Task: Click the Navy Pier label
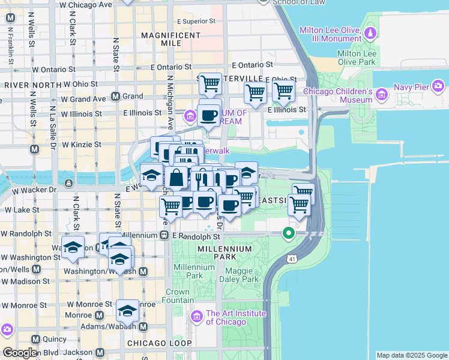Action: point(411,87)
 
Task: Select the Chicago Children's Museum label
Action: point(338,95)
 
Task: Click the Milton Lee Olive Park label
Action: point(357,58)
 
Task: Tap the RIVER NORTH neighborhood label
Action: point(29,85)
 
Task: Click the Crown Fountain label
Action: point(180,296)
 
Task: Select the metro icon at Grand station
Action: point(116,97)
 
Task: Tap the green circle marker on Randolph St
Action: point(289,233)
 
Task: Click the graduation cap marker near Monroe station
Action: point(127,311)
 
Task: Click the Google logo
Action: point(20,353)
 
